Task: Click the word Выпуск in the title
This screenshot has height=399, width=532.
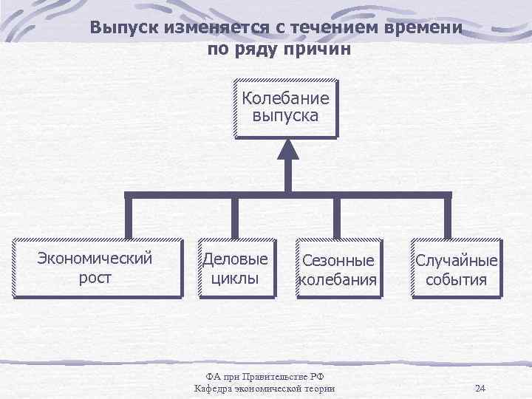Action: pos(122,29)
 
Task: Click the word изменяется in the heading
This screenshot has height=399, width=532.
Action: pos(211,29)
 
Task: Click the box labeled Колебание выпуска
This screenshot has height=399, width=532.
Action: pos(284,108)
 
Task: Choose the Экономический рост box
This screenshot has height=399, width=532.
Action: pos(95,268)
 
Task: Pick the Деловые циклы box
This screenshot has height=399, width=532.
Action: pos(235,268)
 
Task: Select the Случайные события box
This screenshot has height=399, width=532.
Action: pos(456,270)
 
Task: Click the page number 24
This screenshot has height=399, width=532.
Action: pos(480,389)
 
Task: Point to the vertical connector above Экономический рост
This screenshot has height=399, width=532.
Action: pos(128,217)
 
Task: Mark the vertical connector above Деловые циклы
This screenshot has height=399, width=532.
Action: pos(235,217)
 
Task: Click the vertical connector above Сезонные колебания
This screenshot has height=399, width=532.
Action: pos(337,217)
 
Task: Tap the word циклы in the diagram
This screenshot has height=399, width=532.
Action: pos(235,279)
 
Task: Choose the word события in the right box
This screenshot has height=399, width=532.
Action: pos(456,280)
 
